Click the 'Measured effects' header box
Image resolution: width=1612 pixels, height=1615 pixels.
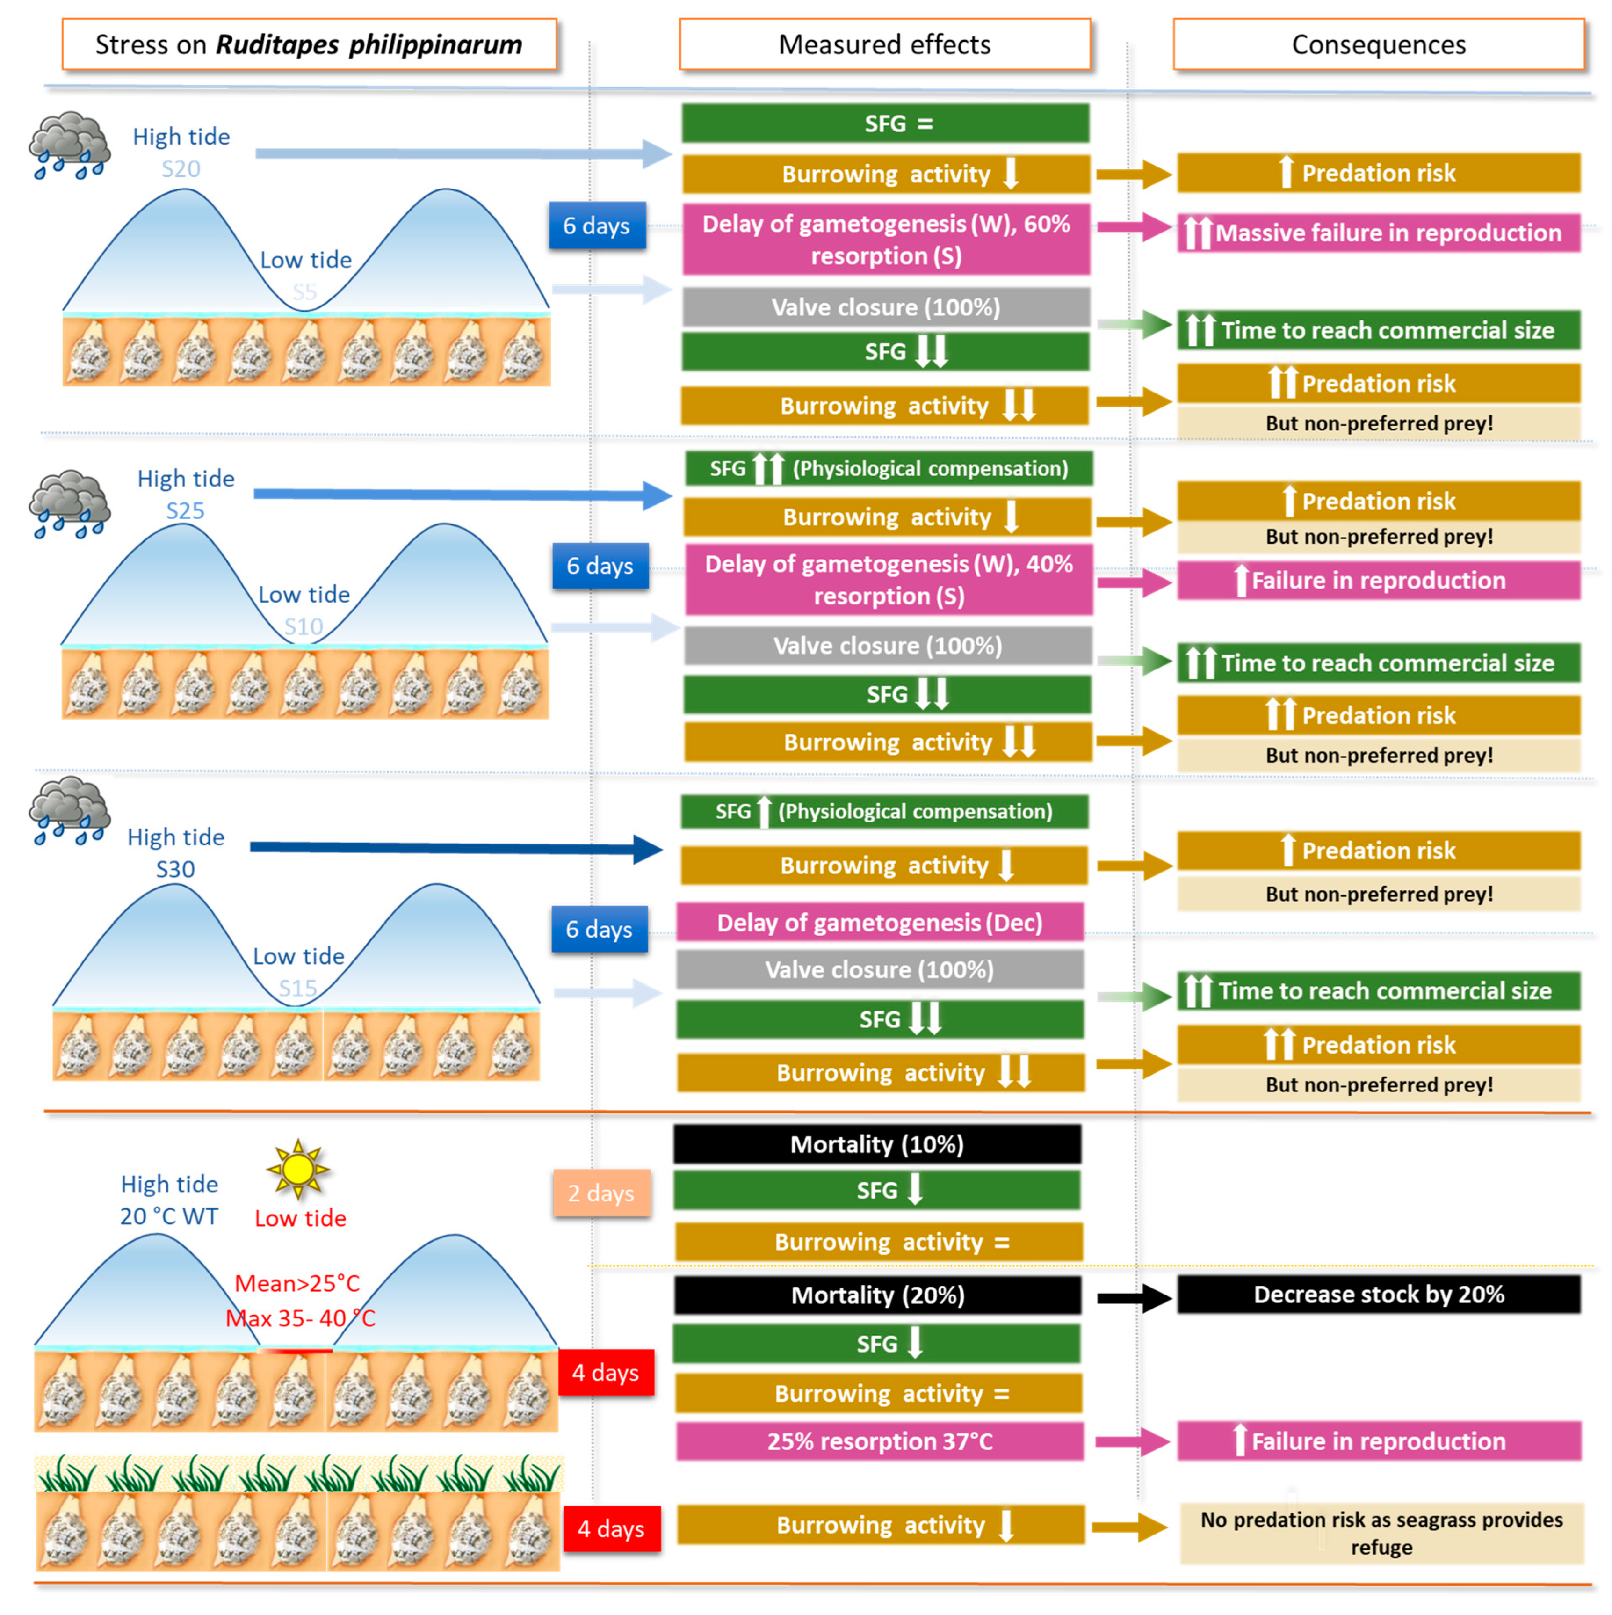[884, 44]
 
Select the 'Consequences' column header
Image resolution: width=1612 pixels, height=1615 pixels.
[1378, 44]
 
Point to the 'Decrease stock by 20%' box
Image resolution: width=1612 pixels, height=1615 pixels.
[1378, 1294]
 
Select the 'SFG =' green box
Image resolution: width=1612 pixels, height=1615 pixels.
[885, 124]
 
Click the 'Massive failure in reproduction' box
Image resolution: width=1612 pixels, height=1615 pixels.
[1378, 233]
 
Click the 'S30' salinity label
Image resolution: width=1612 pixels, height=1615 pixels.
[175, 869]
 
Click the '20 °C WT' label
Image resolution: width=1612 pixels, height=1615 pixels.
[169, 1216]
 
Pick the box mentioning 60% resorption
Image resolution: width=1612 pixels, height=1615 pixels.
[886, 239]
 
